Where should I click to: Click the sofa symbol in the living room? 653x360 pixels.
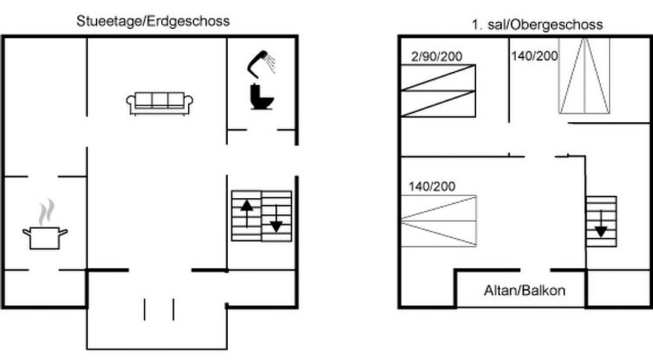160,103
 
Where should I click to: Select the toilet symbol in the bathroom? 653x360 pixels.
261,97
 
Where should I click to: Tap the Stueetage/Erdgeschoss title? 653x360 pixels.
153,21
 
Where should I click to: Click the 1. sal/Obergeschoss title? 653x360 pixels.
536,24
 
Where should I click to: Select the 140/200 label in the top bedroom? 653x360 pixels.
533,56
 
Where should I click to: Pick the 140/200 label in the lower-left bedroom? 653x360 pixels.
431,186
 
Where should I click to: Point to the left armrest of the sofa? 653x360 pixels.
130,103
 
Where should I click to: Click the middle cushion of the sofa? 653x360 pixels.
160,100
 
